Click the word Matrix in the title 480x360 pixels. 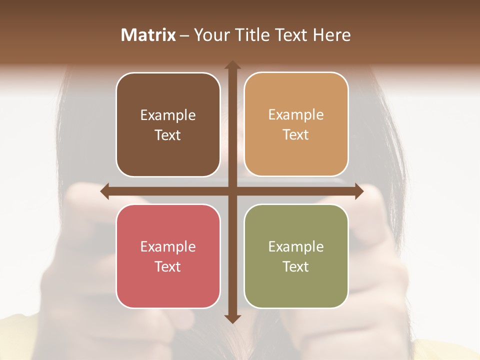coord(148,35)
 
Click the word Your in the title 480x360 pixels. coord(210,35)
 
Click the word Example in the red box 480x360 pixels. coord(168,246)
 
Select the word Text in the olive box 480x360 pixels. coord(296,266)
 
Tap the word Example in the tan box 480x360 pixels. coord(296,115)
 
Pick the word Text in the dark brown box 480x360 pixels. coord(168,135)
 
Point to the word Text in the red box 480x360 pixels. coord(168,266)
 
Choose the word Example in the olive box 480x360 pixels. coord(296,246)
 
